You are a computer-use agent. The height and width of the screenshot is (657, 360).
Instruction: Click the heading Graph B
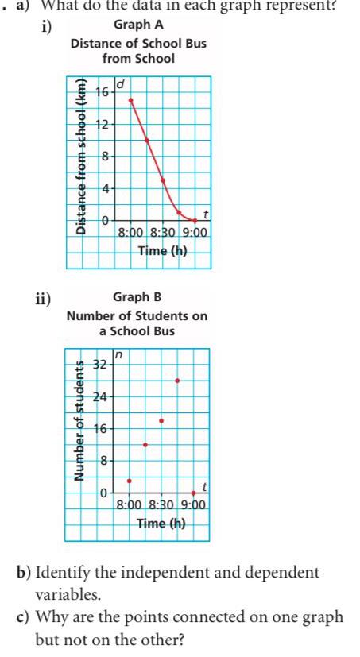pyautogui.click(x=137, y=297)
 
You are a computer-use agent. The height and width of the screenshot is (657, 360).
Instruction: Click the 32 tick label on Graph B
pyautogui.click(x=101, y=365)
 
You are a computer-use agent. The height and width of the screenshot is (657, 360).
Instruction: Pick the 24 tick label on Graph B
pyautogui.click(x=101, y=396)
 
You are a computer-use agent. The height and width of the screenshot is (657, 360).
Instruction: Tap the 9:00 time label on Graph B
pyautogui.click(x=194, y=504)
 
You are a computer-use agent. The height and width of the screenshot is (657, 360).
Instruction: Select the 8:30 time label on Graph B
pyautogui.click(x=162, y=504)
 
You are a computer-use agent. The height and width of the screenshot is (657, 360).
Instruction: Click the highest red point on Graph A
pyautogui.click(x=130, y=100)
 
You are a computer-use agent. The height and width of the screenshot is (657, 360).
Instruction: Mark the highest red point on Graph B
pyautogui.click(x=177, y=381)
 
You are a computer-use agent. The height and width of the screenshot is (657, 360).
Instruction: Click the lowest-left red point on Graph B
pyautogui.click(x=130, y=481)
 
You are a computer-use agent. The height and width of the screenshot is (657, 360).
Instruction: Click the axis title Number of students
pyautogui.click(x=80, y=422)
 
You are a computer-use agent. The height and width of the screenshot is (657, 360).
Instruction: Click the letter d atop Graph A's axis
pyautogui.click(x=120, y=83)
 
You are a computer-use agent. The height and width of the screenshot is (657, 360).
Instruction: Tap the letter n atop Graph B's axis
pyautogui.click(x=119, y=355)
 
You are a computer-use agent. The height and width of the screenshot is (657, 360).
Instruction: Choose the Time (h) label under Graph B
pyautogui.click(x=161, y=523)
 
